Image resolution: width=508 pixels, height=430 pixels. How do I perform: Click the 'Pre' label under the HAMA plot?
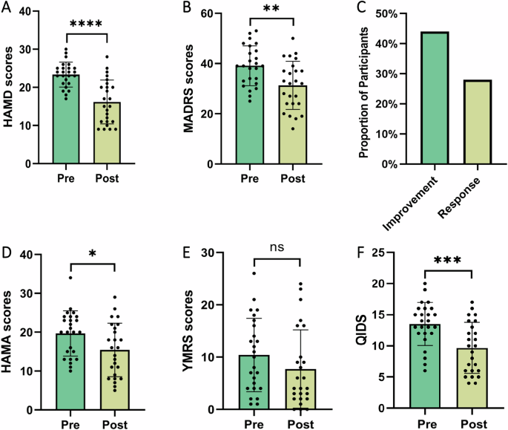tap(68, 423)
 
